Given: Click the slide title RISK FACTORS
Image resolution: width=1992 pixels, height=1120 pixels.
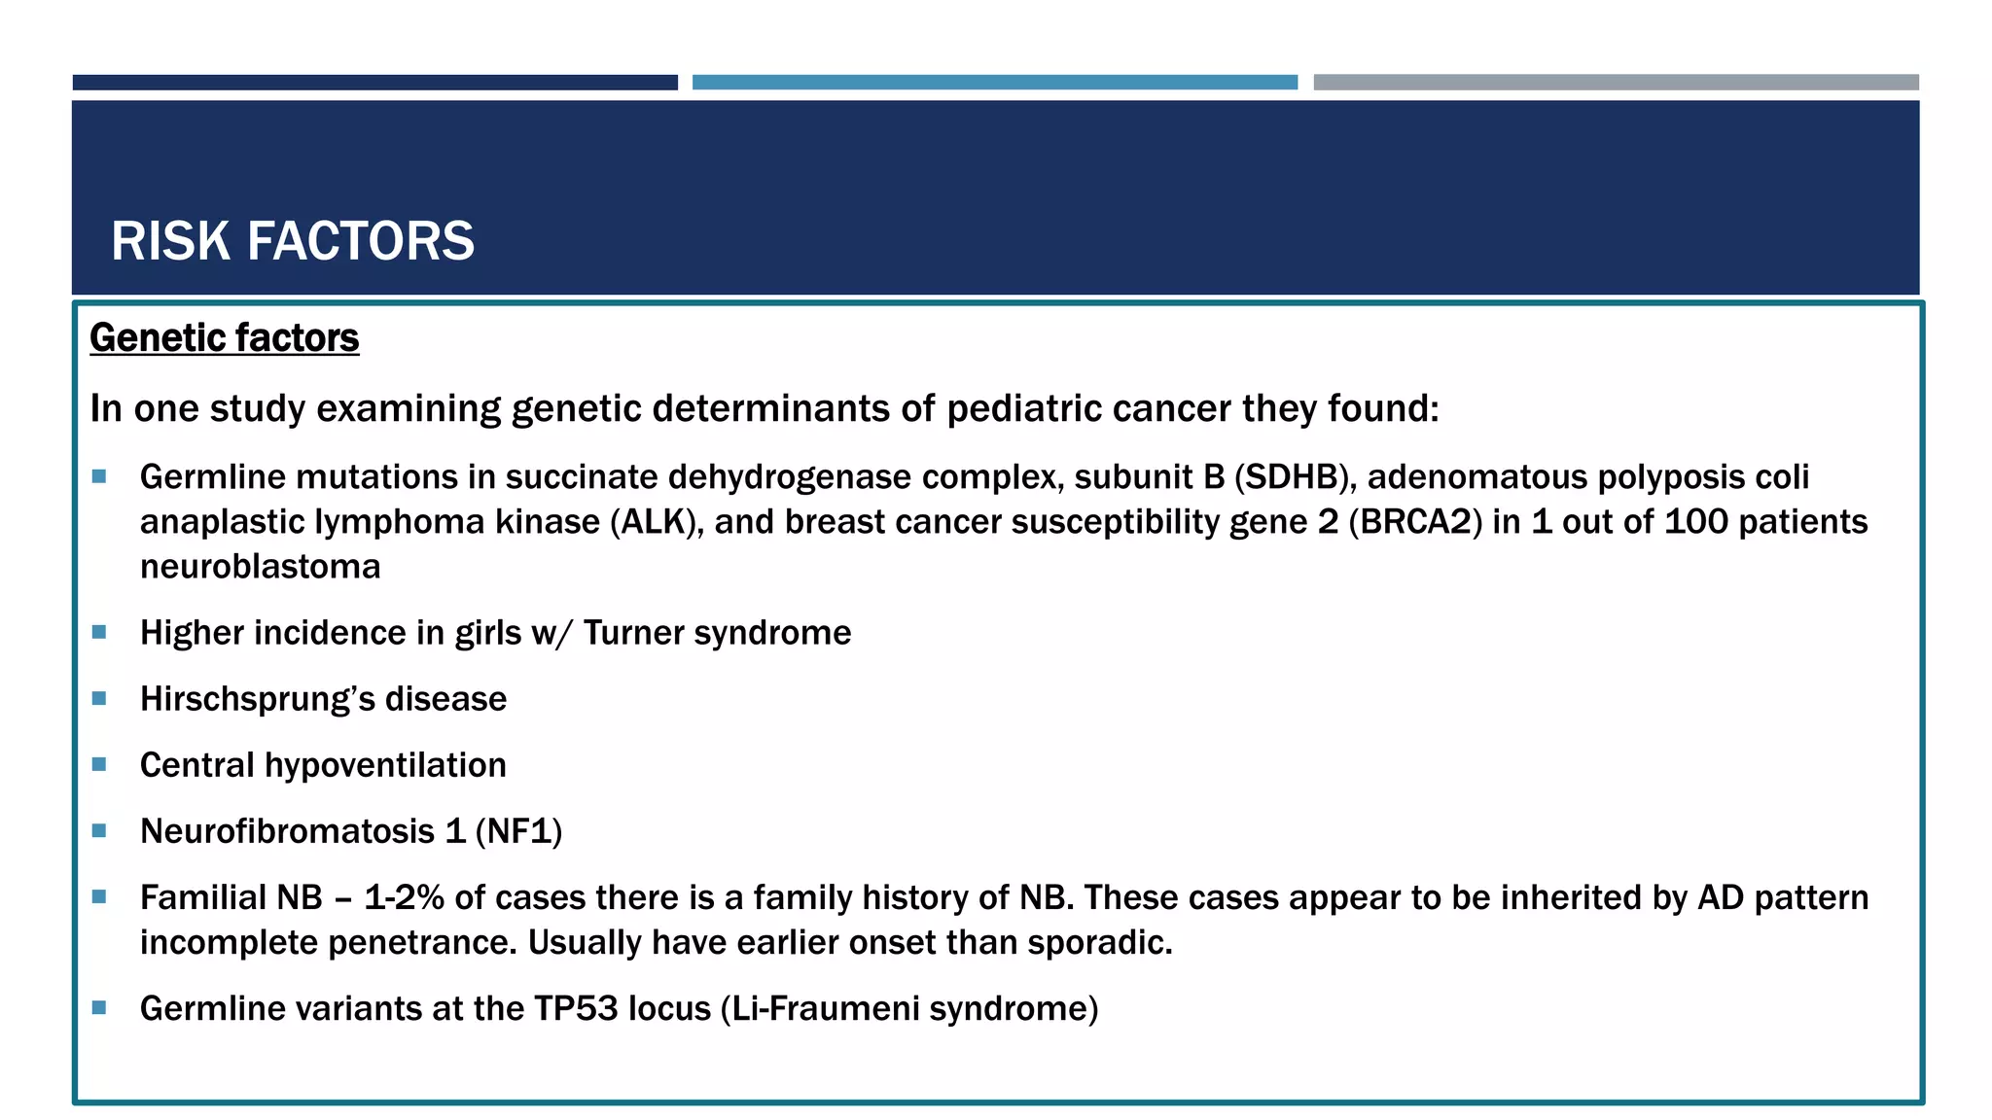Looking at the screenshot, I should (292, 241).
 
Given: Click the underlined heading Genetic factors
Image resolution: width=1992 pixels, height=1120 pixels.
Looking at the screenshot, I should (224, 338).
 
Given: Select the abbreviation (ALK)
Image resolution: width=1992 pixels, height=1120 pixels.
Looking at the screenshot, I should (656, 523).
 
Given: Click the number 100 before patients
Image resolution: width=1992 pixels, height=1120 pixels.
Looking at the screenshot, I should (1695, 523).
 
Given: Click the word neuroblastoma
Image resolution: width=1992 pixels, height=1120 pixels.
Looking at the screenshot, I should (260, 567).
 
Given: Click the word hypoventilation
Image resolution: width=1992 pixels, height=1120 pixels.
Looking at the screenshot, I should (385, 766).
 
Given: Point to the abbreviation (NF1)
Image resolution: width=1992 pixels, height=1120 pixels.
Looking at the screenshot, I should (518, 832).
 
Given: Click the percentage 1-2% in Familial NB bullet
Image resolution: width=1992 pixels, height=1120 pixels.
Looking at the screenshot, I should (404, 898).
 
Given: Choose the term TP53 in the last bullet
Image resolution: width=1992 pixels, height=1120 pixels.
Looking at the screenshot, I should (576, 1009).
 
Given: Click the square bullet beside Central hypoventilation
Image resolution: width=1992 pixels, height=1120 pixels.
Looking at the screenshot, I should (99, 765).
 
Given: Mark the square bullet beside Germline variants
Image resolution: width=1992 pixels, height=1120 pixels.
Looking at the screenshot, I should (99, 1008).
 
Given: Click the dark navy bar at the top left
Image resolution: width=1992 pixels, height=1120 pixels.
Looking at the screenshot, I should (374, 83).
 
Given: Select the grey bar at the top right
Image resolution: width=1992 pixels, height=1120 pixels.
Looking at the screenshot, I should (1616, 83).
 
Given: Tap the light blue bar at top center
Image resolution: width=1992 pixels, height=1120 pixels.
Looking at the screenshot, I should (994, 83).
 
